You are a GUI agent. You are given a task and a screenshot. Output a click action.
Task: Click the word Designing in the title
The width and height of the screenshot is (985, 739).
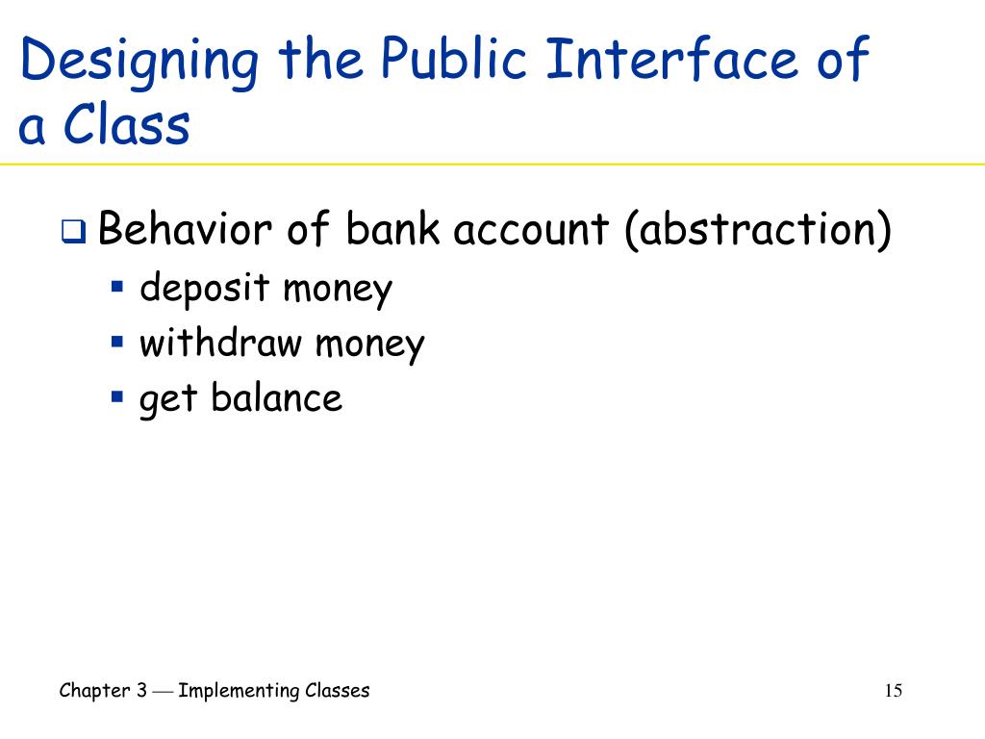139,61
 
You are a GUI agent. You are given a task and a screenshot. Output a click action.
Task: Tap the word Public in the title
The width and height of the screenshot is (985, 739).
445,61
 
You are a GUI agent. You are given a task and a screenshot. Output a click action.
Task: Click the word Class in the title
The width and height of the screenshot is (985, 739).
127,126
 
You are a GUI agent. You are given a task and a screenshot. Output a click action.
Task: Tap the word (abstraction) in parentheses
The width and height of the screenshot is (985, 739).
756,232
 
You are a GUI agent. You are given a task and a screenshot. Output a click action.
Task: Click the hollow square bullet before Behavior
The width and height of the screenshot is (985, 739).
75,233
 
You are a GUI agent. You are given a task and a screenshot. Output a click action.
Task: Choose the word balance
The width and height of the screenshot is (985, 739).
276,397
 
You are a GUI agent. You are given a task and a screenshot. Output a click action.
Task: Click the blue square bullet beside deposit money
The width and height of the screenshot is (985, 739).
117,286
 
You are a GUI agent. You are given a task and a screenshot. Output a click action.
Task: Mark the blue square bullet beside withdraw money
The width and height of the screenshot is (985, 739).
117,341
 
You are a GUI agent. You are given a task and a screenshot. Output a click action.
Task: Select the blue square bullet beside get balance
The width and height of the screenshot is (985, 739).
117,395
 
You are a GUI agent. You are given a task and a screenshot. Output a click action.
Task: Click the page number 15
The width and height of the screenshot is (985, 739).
893,691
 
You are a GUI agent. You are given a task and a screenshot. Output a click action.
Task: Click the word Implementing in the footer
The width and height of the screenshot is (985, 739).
238,690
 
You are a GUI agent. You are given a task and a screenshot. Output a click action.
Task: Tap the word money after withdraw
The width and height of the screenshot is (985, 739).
371,343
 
